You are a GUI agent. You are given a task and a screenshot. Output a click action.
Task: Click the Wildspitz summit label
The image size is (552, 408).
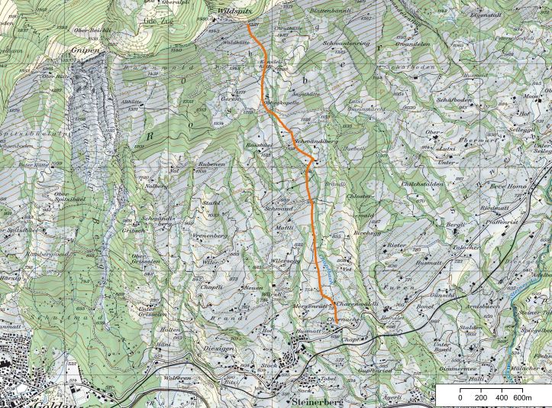tap(234, 13)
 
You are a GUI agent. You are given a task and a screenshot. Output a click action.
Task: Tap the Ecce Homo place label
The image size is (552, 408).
tap(508, 186)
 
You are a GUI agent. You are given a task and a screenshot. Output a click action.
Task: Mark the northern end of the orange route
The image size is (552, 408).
tap(250, 24)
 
